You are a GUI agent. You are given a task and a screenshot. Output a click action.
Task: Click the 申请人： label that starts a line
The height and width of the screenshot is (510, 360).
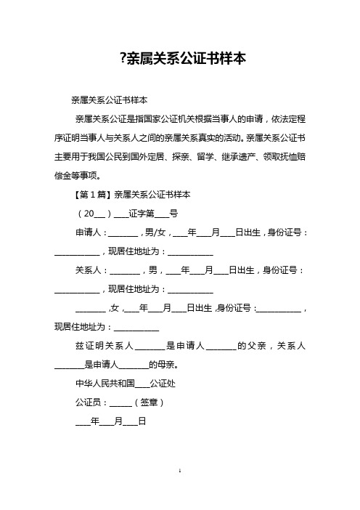[90, 233]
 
